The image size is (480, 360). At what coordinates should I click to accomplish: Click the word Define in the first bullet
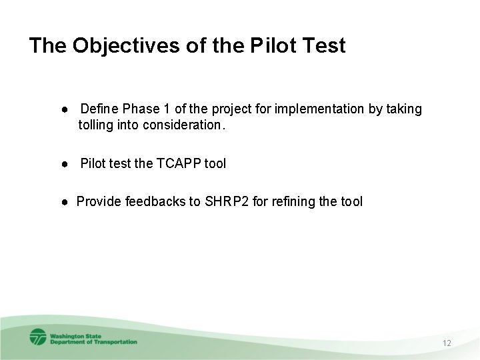coord(99,109)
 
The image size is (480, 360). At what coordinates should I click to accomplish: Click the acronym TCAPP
coord(177,163)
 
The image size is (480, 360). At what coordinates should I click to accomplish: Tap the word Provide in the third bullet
coord(97,201)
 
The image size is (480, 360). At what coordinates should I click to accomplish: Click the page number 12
coord(447,343)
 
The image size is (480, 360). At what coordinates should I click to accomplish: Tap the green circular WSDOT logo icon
coord(37,337)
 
